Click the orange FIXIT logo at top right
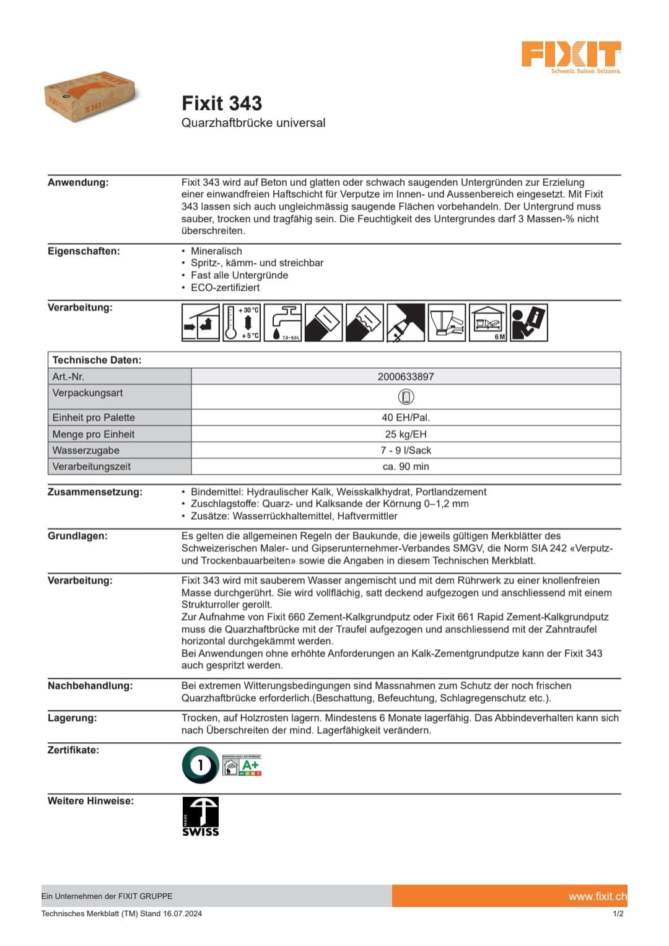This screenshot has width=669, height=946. coord(571,55)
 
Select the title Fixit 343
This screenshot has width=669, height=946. coord(222,103)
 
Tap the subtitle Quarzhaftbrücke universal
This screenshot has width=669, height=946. coord(253,123)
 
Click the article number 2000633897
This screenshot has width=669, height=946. coord(406,377)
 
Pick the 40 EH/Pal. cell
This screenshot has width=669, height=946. coord(406,418)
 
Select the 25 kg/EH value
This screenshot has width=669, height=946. coord(406,434)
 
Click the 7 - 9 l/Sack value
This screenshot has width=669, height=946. coord(406,450)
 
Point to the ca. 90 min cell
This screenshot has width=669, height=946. coord(406,466)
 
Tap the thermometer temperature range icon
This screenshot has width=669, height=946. coord(242,322)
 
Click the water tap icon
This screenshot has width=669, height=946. coord(283,322)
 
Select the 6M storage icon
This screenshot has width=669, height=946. coord(488,322)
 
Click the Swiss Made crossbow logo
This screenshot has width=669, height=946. coord(200,817)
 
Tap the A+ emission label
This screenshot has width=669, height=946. coord(242,766)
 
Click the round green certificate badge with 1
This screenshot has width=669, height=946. coord(200,765)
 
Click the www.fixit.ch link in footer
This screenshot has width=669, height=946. coord(597,896)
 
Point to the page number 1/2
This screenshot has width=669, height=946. coord(618,913)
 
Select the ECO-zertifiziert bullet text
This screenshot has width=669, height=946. coord(225,287)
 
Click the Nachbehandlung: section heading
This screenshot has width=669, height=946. coord(90,686)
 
